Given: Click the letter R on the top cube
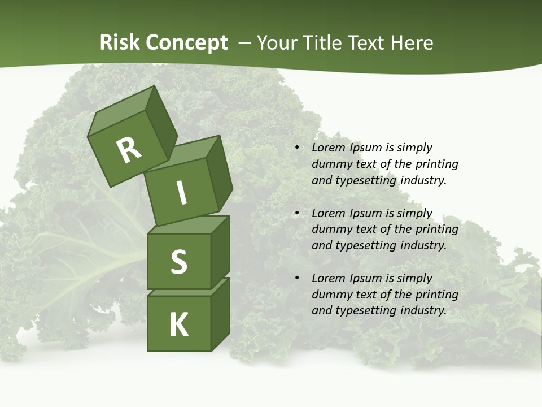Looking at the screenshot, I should (x=129, y=150).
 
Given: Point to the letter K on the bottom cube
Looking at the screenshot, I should (x=178, y=325).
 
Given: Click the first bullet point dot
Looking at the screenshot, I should (x=297, y=148).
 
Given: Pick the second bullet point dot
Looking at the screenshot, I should (x=297, y=213).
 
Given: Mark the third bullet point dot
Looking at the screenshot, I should (x=297, y=278).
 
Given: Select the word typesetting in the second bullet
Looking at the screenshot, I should (x=365, y=245).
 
